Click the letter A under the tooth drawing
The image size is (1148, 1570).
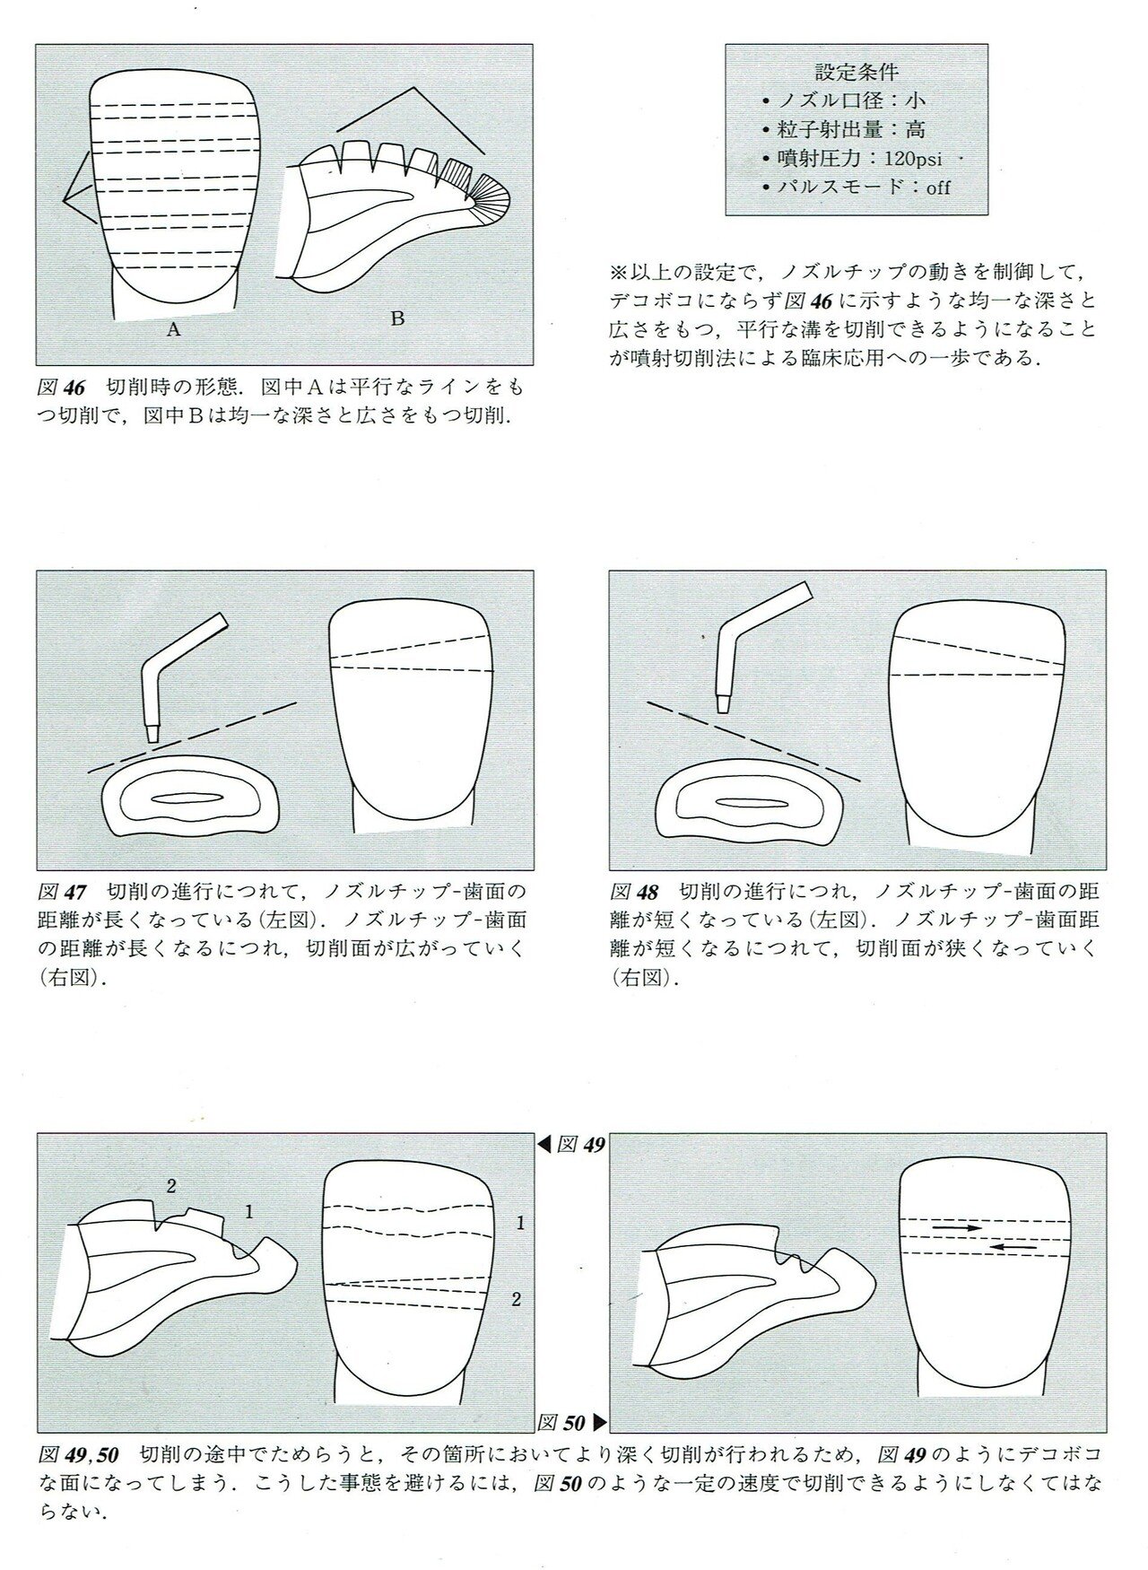pyautogui.click(x=174, y=329)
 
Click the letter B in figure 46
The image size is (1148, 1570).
pyautogui.click(x=397, y=317)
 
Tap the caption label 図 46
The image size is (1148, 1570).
pyautogui.click(x=62, y=388)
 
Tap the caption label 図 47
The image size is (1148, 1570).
pyautogui.click(x=62, y=892)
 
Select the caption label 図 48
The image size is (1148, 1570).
pyautogui.click(x=634, y=892)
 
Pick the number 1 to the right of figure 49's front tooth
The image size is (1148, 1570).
pyautogui.click(x=519, y=1222)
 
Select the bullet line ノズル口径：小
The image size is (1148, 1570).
pyautogui.click(x=842, y=100)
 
